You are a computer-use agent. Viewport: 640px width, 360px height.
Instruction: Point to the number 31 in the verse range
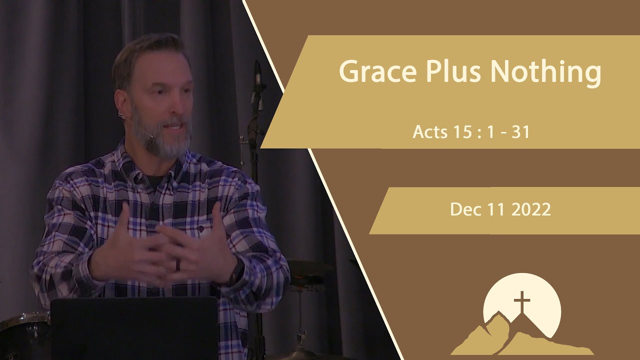[520, 132]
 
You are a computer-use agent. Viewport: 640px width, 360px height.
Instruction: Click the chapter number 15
[463, 132]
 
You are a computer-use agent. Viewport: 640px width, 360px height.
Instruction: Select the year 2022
[531, 209]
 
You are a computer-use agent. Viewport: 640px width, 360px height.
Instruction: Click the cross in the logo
[521, 303]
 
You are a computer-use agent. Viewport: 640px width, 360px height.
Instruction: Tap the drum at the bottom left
[22, 335]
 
